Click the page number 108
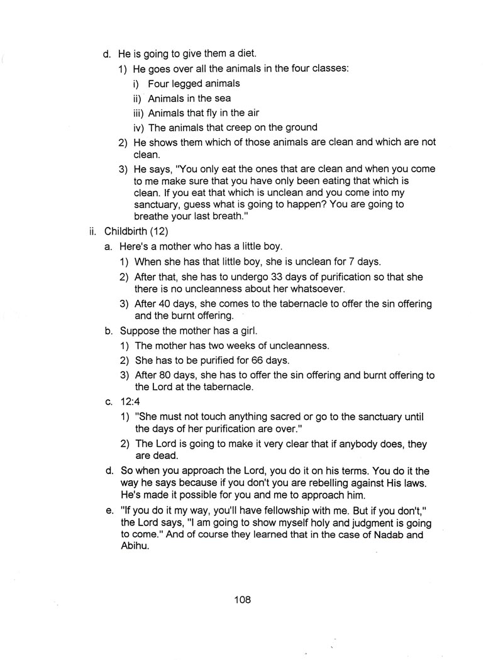click(x=242, y=600)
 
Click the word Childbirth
click(x=126, y=230)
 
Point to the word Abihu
click(x=135, y=547)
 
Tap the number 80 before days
click(x=165, y=375)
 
